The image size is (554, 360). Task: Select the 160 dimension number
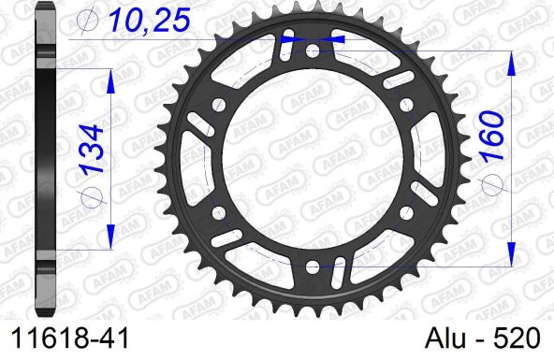pos(492,137)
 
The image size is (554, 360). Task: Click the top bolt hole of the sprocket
pos(313,40)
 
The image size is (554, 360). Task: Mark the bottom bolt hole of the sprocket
pos(312,267)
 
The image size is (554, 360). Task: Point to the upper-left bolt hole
pos(214,97)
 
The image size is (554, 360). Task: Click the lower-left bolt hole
pos(214,211)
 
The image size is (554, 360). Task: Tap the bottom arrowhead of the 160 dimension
pos(513,252)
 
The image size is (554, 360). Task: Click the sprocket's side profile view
pos(44,159)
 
